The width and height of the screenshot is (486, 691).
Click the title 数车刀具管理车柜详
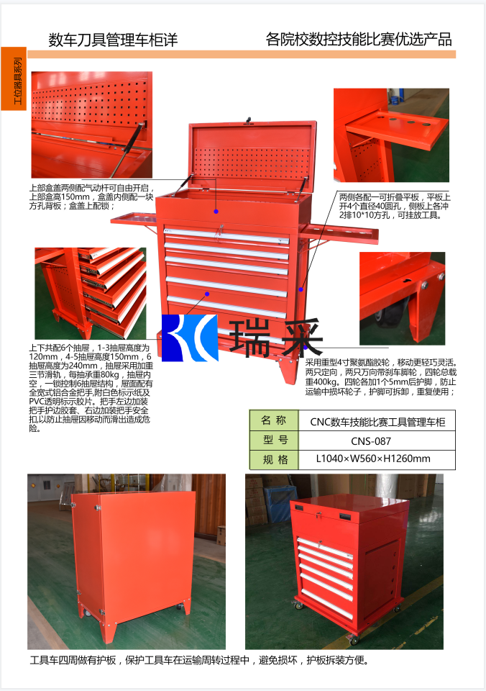click(112, 40)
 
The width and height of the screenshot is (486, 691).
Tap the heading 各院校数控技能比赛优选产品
click(359, 40)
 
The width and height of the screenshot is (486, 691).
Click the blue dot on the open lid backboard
click(215, 212)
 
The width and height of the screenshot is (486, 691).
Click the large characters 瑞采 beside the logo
click(276, 337)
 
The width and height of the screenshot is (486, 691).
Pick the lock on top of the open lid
click(249, 120)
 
